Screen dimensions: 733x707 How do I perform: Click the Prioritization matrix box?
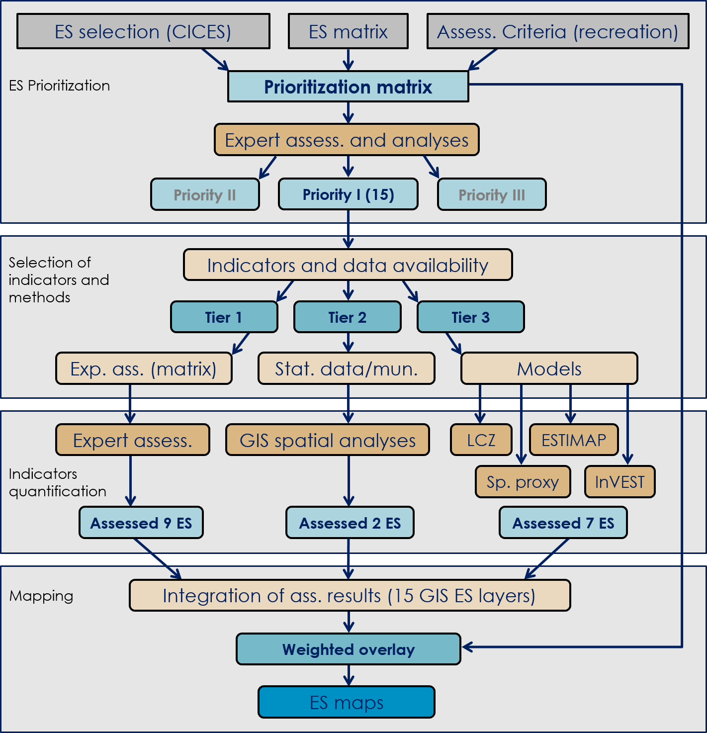pos(348,87)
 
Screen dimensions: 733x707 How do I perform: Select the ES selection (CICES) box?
pos(143,31)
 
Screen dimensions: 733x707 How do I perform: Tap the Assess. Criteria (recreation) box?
pos(557,31)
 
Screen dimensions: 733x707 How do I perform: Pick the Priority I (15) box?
pos(348,194)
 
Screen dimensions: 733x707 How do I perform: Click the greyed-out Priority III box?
pos(491,194)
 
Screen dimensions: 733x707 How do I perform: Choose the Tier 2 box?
pos(347,317)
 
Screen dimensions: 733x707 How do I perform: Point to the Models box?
pos(549,368)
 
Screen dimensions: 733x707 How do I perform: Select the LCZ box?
pos(481,440)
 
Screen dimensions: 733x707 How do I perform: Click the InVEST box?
pos(619,482)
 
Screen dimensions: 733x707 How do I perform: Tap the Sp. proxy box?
pos(523,482)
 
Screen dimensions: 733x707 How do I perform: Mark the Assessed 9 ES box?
pos(141,523)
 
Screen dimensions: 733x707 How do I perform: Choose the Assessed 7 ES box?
pos(563,523)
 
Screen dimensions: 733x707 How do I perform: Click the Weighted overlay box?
pos(348,649)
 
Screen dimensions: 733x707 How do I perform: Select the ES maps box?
pos(346,702)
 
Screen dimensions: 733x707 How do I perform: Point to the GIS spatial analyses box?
pos(327,440)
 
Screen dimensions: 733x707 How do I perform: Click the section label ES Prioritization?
pos(59,86)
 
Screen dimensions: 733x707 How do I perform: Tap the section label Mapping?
pos(41,596)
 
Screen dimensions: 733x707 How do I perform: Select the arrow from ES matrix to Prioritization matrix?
pos(348,60)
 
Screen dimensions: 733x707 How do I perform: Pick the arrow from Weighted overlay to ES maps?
pos(349,675)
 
